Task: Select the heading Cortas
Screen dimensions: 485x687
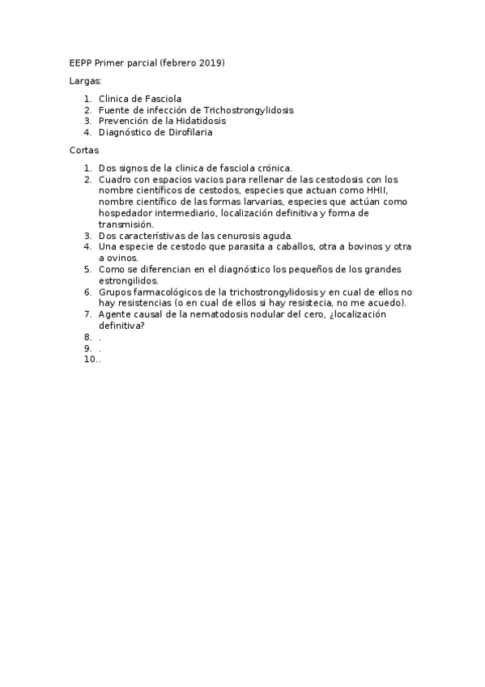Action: pos(84,150)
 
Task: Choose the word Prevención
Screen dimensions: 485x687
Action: pos(124,121)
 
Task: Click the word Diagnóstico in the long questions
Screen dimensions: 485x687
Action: pos(126,132)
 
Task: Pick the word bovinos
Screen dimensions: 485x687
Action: pos(355,246)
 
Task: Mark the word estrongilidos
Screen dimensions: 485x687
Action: pos(128,280)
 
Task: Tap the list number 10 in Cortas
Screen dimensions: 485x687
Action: pos(89,360)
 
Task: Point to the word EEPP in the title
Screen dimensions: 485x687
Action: pos(80,62)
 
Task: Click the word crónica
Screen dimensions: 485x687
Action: pos(272,168)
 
